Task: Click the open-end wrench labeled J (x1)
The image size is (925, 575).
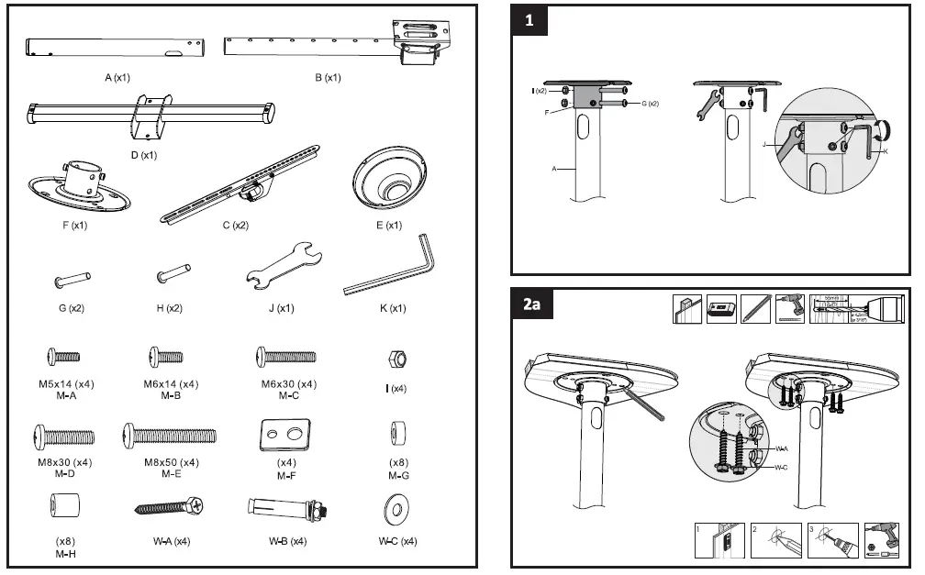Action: tap(281, 267)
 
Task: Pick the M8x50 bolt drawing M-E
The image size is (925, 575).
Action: tap(171, 435)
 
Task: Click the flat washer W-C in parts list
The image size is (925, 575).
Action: tap(398, 509)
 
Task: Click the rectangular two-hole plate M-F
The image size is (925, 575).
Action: tap(286, 434)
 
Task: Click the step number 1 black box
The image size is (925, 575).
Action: tap(529, 22)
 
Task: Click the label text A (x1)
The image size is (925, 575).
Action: tap(117, 78)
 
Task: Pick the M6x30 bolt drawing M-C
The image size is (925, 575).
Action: tap(286, 357)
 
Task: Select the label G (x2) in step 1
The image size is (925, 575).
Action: tap(650, 104)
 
